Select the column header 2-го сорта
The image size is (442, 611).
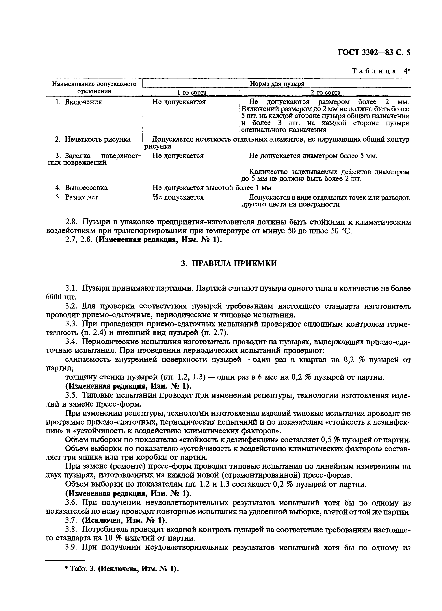tap(325, 93)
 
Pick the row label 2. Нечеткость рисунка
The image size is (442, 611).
tap(93, 139)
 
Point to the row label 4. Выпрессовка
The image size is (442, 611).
tap(81, 187)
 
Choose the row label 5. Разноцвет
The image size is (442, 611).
tap(77, 197)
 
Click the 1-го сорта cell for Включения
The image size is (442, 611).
tap(179, 102)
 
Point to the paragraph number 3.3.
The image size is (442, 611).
tap(71, 324)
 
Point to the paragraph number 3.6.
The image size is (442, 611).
tap(71, 503)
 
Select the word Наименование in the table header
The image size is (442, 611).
tap(73, 84)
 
